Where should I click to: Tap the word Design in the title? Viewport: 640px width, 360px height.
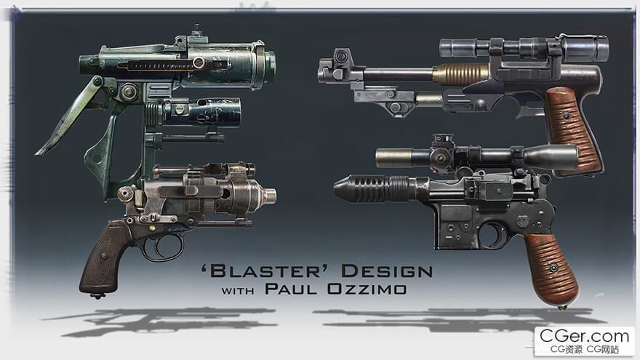click(x=387, y=271)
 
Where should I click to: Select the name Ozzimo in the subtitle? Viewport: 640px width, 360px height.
click(x=367, y=289)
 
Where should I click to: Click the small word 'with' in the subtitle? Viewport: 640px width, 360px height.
click(x=238, y=291)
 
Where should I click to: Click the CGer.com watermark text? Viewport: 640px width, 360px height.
click(x=584, y=336)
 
